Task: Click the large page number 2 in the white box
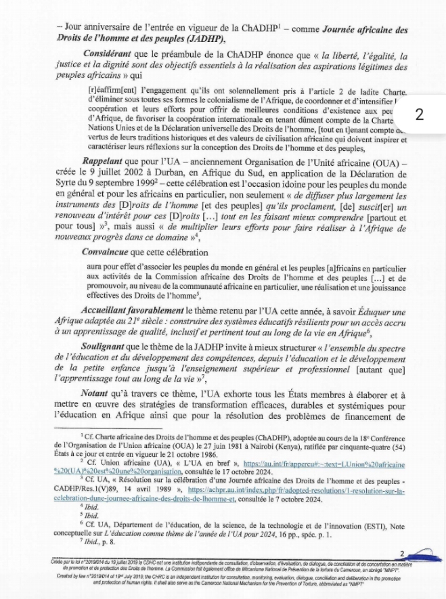[419, 113]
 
